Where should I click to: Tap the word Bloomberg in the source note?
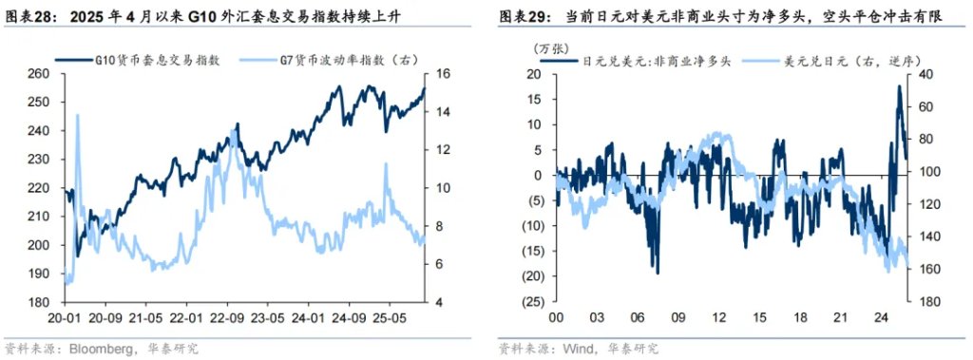pos(102,349)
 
